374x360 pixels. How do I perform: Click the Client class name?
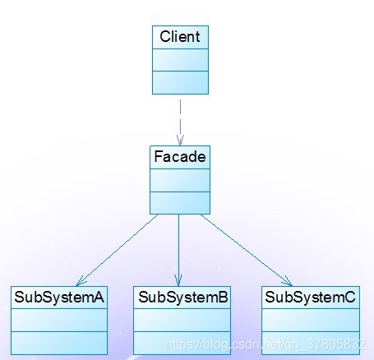(180, 37)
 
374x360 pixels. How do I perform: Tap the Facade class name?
(180, 156)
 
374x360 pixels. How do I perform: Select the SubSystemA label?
(59, 297)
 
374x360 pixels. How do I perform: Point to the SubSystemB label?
(182, 297)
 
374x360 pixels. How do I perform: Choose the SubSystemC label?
(310, 297)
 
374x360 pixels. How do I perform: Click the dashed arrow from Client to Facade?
(180, 122)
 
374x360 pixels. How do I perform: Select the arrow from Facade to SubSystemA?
(117, 250)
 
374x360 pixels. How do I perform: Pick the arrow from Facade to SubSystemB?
(178, 250)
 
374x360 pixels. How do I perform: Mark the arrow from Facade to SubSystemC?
(247, 250)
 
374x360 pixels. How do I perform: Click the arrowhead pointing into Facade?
(180, 141)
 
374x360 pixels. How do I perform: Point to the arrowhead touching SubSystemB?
(178, 281)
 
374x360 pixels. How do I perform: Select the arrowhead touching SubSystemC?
(289, 282)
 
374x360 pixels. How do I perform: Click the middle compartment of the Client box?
(180, 60)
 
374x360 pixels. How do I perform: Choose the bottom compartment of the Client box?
(180, 83)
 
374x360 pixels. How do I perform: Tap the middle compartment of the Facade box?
(180, 180)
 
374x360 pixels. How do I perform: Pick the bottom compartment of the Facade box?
(180, 203)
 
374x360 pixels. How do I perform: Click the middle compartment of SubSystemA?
(59, 321)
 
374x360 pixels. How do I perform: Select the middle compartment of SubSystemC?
(311, 321)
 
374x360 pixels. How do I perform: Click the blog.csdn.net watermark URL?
(265, 344)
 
